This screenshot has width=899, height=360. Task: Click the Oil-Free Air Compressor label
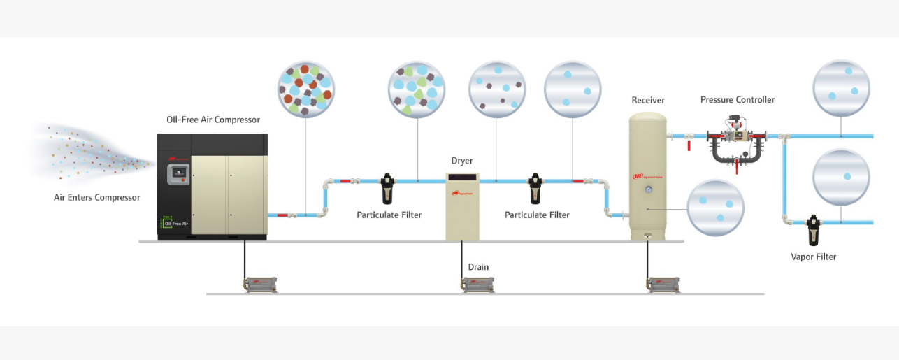coord(213,120)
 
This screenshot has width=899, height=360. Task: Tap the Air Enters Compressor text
coord(96,197)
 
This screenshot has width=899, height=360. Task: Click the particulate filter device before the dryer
coord(388,189)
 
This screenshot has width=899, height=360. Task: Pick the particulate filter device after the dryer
coord(535,189)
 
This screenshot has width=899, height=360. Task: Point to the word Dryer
coord(461,161)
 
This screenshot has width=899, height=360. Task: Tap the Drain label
coord(478,267)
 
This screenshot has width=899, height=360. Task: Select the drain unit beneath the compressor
coord(260,284)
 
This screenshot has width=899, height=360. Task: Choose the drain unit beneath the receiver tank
coord(663,284)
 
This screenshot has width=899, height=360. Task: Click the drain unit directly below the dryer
coord(478,284)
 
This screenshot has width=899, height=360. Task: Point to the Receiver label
coord(647,100)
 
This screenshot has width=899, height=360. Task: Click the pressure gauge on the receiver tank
coord(648,189)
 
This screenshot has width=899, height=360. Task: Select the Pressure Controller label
coord(737,100)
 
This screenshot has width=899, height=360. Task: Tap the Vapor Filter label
coord(813,257)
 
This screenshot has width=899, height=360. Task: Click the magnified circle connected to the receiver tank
coord(715,208)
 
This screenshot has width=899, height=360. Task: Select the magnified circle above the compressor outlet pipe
coord(305,89)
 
